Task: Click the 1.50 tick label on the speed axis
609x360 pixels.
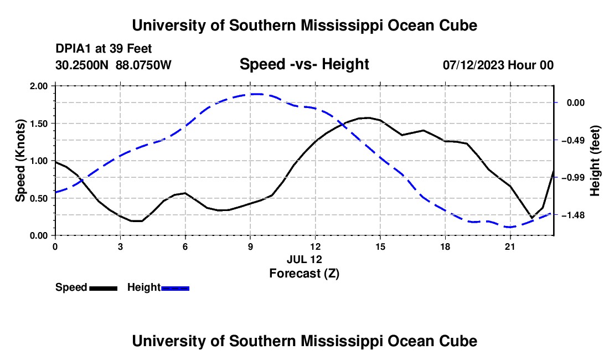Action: click(x=39, y=124)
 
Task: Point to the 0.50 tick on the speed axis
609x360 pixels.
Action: click(x=39, y=198)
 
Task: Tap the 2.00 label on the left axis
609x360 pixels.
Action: click(x=39, y=86)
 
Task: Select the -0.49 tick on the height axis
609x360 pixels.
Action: click(x=572, y=140)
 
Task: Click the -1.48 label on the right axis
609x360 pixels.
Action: click(x=572, y=215)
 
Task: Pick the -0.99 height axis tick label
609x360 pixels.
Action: click(x=572, y=178)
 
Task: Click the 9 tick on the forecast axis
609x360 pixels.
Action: click(x=250, y=246)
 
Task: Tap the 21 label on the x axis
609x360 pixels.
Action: click(x=510, y=246)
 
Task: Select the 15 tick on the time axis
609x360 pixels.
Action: click(x=380, y=246)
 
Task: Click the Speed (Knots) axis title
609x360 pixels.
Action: click(x=20, y=161)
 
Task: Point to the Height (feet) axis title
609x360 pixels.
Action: click(x=595, y=161)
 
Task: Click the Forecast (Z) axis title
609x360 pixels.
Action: click(x=304, y=274)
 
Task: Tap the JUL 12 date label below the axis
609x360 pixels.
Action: click(x=304, y=259)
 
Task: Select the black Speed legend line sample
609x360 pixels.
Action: click(x=104, y=289)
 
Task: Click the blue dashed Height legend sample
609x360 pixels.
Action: click(x=175, y=289)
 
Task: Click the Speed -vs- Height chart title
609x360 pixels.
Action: click(x=304, y=64)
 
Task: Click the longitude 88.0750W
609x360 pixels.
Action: click(x=143, y=65)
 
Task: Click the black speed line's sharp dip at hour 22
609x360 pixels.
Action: click(x=531, y=218)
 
